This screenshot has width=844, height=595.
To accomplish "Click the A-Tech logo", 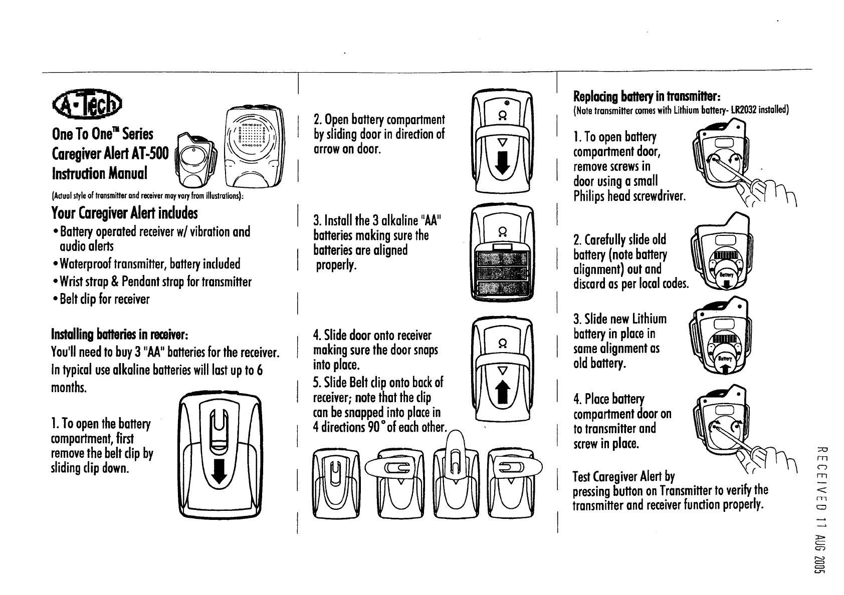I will (x=88, y=106).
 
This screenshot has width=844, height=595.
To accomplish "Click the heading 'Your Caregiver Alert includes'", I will (x=124, y=213).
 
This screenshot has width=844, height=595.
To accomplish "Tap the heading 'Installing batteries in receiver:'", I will (x=120, y=334).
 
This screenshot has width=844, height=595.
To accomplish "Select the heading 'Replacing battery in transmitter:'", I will (x=647, y=96).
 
